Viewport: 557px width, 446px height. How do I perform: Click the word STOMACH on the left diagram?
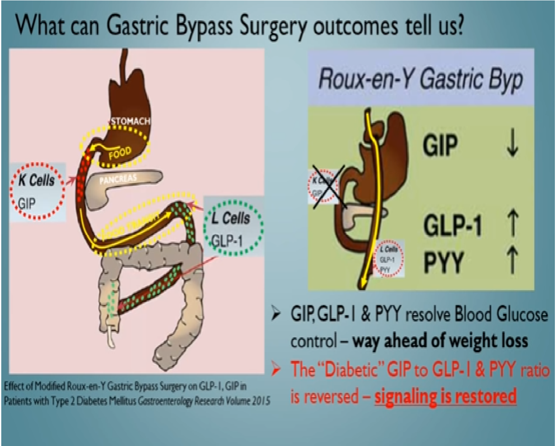130,121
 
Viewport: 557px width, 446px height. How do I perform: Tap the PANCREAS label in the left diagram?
118,179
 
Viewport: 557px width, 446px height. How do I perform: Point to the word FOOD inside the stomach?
120,154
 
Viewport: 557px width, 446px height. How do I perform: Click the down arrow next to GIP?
512,144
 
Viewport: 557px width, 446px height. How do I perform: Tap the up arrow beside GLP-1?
512,223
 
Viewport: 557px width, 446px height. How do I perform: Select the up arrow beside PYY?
512,261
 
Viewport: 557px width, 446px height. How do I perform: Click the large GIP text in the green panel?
440,145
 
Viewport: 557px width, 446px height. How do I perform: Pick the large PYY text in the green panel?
443,262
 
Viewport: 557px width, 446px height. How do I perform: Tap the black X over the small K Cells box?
328,186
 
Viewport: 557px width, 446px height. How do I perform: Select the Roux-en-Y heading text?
420,79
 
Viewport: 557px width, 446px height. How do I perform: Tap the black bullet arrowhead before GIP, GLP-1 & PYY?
276,315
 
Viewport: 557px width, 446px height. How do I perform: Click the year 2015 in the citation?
262,400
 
